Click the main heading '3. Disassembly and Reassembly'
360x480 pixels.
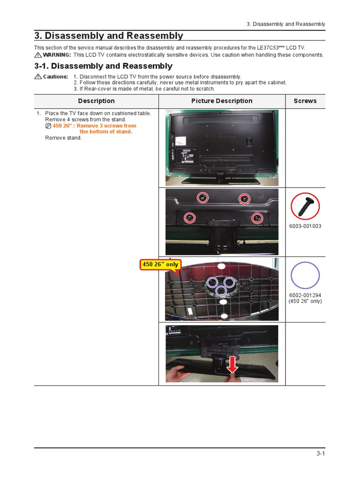click(109, 36)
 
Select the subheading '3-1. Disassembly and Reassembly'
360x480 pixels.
click(103, 66)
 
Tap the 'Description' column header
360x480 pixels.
click(96, 101)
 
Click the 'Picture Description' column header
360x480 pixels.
click(222, 101)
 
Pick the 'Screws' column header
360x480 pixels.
click(305, 101)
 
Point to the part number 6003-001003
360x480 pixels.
click(305, 226)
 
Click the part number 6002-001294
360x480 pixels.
click(305, 295)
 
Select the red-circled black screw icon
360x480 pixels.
click(305, 206)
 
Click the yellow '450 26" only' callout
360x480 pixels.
click(160, 264)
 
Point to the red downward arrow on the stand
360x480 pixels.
click(232, 364)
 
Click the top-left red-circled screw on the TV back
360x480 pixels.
click(202, 198)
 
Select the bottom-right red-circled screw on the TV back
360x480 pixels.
click(257, 217)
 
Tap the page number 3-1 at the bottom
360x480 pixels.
click(320, 453)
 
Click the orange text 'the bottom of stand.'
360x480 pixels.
click(106, 132)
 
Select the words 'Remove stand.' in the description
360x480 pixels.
click(63, 138)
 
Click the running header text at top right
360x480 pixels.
click(286, 24)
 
